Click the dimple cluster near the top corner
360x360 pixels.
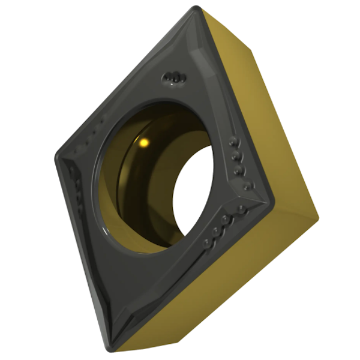click(x=173, y=77)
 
